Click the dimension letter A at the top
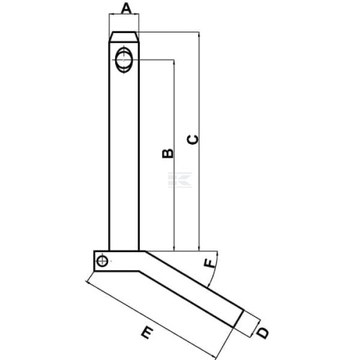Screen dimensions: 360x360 [126, 9]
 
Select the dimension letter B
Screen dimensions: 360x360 [168, 153]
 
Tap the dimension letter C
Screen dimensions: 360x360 [193, 140]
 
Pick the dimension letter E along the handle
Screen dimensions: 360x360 [147, 332]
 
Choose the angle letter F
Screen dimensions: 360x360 [210, 264]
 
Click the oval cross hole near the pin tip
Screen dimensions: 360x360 [124, 60]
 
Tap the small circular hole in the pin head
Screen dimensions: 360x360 [102, 261]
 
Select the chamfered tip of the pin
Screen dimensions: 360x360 [124, 37]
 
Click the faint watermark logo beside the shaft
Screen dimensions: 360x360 [180, 180]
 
